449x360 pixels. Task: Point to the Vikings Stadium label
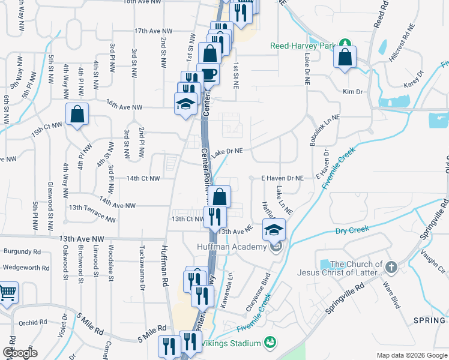coord(231,343)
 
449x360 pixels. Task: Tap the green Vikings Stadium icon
coord(271,343)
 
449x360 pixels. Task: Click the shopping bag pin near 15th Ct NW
coord(77,114)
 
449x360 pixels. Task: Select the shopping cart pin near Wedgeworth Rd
coord(7,293)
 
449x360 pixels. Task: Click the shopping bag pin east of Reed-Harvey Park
coord(345,58)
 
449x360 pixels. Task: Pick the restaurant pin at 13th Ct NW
coord(215,216)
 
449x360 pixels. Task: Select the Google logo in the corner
coord(20,353)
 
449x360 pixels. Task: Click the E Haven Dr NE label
coord(282,178)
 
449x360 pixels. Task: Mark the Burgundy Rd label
coord(22,251)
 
